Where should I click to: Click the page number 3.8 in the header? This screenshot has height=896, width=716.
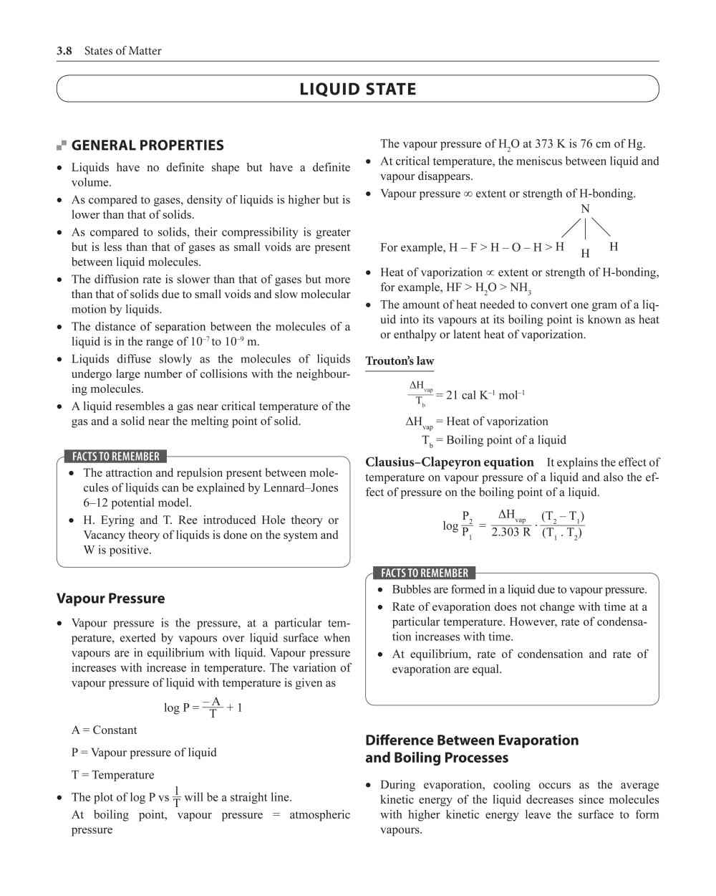click(64, 51)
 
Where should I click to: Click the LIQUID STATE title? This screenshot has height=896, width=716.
click(357, 90)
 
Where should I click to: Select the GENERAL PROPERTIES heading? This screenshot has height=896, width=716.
click(147, 146)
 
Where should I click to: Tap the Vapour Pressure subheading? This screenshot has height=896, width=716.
click(110, 599)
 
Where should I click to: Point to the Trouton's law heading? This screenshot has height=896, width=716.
click(400, 361)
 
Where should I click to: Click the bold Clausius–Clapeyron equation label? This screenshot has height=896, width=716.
click(450, 462)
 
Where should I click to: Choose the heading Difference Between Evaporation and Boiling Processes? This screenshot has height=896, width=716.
click(472, 749)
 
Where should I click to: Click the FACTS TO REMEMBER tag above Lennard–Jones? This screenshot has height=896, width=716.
click(116, 457)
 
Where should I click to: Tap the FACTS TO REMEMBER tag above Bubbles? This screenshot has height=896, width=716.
click(425, 573)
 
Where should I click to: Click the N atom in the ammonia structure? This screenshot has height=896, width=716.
click(585, 209)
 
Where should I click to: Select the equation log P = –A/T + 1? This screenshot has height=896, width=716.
click(203, 707)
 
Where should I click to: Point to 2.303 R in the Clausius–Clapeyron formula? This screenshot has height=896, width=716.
click(511, 532)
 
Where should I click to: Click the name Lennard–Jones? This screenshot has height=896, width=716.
click(303, 487)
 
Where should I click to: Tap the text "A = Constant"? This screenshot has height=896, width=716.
click(104, 730)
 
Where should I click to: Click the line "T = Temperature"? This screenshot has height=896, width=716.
click(112, 775)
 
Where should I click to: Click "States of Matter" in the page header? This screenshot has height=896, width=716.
click(122, 51)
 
